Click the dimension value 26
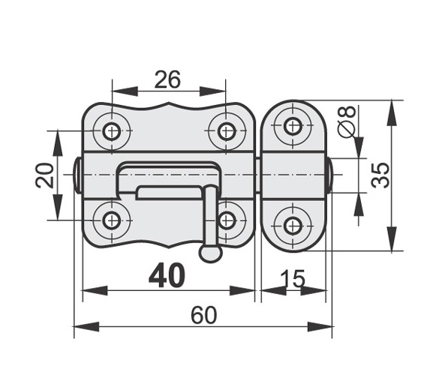click(x=167, y=79)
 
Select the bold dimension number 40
click(x=167, y=274)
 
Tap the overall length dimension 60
click(x=204, y=315)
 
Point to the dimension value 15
click(x=293, y=279)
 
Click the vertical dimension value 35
click(x=380, y=175)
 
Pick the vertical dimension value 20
click(x=44, y=175)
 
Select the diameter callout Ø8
click(x=347, y=121)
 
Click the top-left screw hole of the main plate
click(x=112, y=130)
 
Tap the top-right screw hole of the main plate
click(x=226, y=130)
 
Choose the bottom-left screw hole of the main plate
click(x=112, y=220)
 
